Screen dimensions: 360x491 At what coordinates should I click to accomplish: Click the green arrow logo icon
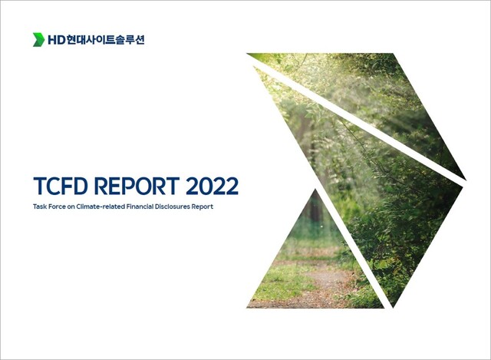coord(38,39)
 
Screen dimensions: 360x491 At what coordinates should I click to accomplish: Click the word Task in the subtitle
coord(41,206)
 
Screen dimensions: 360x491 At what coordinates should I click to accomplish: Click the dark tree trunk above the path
coord(315,211)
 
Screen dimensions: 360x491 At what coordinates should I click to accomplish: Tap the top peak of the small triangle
coord(314,190)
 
